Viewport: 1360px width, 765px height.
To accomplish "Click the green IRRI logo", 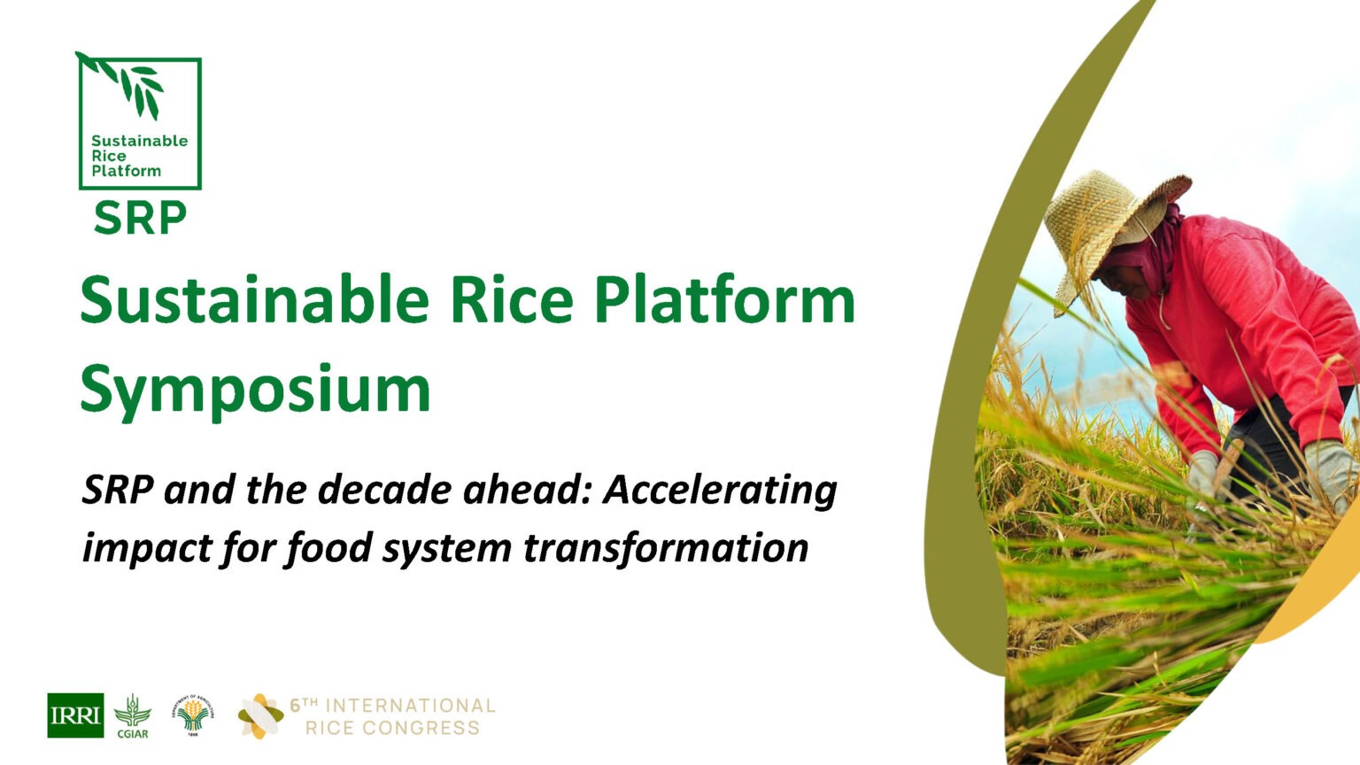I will point(75,715).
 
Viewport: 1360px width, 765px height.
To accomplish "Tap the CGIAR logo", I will point(133,715).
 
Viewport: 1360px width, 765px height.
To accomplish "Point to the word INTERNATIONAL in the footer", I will point(410,706).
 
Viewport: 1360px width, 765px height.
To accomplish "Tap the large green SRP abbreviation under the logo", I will point(140,218).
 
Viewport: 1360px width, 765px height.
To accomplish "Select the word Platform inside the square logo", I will point(126,171).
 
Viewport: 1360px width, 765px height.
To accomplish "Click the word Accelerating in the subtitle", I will point(720,490).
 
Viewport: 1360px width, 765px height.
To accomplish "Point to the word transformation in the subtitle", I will point(666,547).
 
